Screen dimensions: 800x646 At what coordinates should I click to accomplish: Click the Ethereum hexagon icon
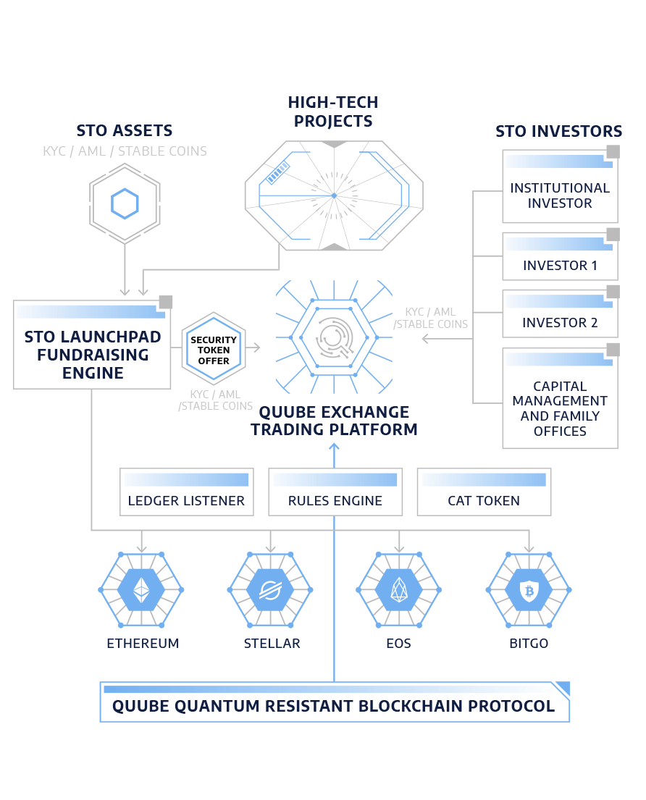pos(141,590)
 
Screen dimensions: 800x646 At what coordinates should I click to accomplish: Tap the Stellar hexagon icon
pos(270,590)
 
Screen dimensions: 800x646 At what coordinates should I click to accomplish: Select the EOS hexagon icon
pos(399,590)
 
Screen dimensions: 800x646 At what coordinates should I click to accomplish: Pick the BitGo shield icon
pos(528,590)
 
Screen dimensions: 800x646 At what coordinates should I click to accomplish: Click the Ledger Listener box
pos(187,492)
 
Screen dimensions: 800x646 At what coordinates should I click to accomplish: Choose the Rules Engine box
pos(335,492)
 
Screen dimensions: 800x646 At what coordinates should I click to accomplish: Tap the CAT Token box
pos(484,492)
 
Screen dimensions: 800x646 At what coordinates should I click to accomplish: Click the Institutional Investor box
pos(560,188)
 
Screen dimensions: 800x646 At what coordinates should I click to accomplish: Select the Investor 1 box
pos(560,257)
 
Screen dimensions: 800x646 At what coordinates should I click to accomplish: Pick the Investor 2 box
pos(560,314)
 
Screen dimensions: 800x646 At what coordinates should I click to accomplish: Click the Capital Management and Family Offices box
pos(560,399)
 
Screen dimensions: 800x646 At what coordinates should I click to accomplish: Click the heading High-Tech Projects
pos(333,111)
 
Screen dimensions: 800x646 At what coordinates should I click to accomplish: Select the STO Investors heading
pos(558,131)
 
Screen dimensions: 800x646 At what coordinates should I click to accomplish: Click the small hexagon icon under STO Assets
pos(125,204)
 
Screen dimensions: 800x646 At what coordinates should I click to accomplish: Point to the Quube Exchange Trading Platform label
pos(334,421)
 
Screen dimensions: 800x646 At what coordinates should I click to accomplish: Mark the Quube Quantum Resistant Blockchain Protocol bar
pos(334,703)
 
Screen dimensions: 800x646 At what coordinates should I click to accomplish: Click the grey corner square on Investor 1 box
pos(613,235)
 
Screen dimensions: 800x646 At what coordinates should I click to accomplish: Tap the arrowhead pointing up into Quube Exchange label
pos(334,445)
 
